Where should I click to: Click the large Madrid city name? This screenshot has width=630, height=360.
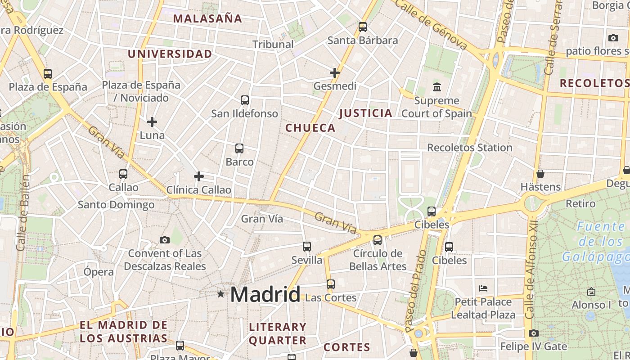[265, 295]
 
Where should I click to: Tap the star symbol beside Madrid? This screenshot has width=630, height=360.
[220, 294]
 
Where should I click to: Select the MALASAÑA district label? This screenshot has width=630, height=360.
[207, 18]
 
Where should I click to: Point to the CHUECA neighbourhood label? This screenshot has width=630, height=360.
[310, 128]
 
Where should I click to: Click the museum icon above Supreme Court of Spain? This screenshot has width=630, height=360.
[436, 87]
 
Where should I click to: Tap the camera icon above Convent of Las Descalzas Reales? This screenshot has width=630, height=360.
[165, 240]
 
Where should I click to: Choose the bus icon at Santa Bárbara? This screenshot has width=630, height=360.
[363, 27]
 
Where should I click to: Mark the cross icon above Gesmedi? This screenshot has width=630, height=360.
[335, 72]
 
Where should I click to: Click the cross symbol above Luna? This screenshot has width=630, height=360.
[152, 121]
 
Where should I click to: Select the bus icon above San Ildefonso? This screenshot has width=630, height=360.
[245, 100]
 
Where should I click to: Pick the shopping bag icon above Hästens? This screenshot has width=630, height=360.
[540, 173]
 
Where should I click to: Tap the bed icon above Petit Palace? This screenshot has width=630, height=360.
[483, 288]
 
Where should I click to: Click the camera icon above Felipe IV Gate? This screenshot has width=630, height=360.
[534, 333]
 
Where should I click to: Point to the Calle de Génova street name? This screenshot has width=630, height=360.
[432, 24]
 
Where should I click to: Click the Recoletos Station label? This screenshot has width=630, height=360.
[469, 148]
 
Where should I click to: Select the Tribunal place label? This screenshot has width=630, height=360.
[273, 44]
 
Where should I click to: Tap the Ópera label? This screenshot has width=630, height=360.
[99, 272]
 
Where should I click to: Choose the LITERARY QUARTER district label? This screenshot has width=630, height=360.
[278, 333]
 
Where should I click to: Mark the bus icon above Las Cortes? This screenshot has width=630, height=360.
[331, 284]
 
